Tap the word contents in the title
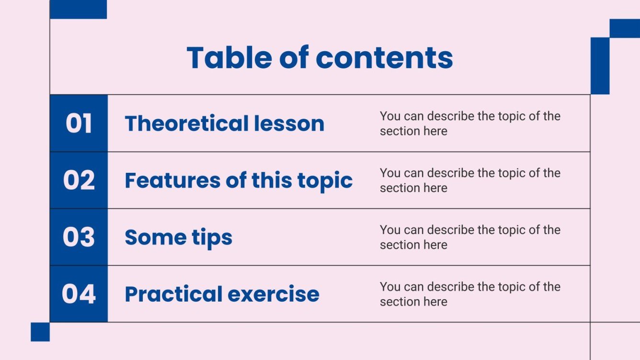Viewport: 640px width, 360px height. (x=384, y=58)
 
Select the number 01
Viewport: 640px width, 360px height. (x=79, y=124)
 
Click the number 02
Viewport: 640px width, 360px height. (x=79, y=180)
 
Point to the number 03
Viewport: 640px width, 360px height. (x=79, y=237)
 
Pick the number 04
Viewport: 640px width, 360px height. (x=79, y=294)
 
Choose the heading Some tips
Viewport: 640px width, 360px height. (x=178, y=237)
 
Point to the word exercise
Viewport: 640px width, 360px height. (x=273, y=294)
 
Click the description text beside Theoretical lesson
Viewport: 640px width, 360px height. (x=469, y=124)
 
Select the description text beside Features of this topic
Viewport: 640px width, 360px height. (x=469, y=180)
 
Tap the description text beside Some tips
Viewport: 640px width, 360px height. (x=469, y=237)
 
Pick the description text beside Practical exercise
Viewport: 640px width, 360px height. (x=469, y=294)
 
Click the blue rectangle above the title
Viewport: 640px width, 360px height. (x=78, y=10)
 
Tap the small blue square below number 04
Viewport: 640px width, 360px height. (x=40, y=332)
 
